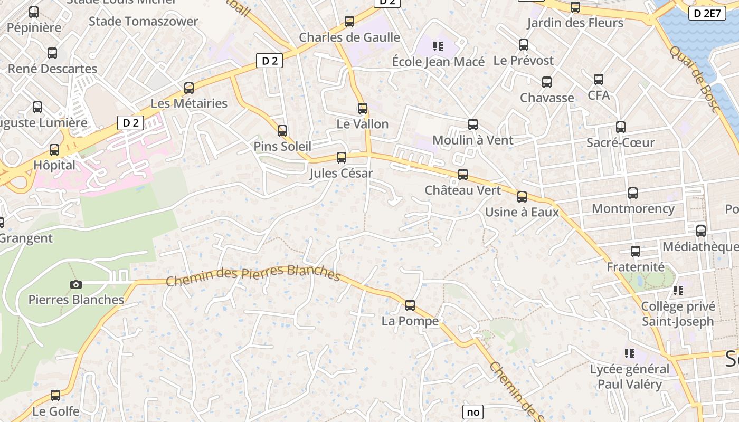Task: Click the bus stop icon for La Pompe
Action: [x=410, y=305]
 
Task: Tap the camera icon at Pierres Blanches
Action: [x=76, y=284]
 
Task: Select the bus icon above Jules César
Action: [x=342, y=157]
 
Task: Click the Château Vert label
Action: [x=462, y=190]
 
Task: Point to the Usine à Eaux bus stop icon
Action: [x=522, y=197]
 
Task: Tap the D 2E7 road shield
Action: [x=706, y=13]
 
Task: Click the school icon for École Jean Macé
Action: [x=438, y=46]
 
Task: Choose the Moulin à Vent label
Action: [x=472, y=140]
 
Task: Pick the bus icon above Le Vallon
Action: [x=363, y=109]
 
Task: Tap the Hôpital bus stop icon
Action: [x=54, y=150]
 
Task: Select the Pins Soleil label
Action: [x=282, y=146]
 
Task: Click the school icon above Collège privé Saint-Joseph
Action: [x=678, y=291]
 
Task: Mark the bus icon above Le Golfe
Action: [x=55, y=396]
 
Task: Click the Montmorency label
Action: [x=633, y=208]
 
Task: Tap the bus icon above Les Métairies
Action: [x=189, y=88]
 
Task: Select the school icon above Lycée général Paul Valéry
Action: [x=629, y=353]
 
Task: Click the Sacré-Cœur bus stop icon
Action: [x=621, y=127]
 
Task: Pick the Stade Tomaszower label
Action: [x=143, y=22]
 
